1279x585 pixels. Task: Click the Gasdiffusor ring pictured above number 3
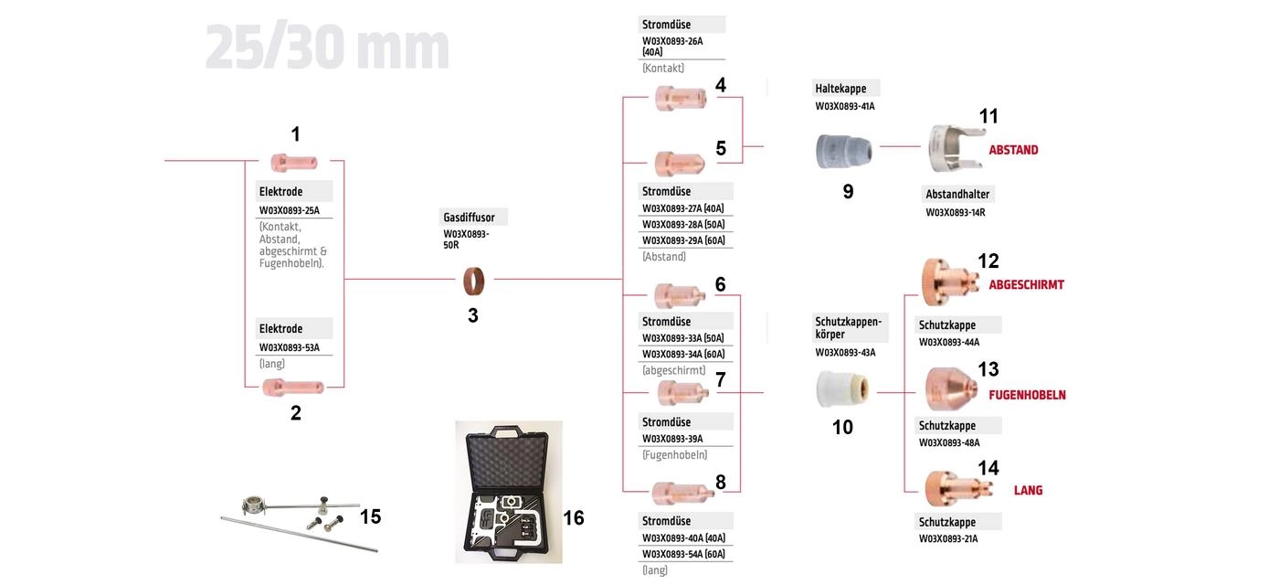473,281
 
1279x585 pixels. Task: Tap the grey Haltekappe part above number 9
844,152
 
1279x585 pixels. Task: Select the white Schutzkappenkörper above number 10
842,389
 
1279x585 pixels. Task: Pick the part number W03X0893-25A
290,210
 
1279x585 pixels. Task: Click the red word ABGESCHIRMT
1026,284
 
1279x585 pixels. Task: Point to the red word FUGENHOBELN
1027,395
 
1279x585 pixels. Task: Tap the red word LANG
1028,490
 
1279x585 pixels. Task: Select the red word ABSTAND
1013,150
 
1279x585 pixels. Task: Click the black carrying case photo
509,492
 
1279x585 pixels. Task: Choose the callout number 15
370,516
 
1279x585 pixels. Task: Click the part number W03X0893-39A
672,439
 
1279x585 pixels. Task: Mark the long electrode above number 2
293,388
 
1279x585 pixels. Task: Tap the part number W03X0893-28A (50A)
683,225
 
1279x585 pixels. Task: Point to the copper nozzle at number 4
681,99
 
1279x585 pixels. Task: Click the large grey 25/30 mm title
327,48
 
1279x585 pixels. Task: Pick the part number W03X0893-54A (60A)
683,554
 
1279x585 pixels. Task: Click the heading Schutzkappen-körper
848,328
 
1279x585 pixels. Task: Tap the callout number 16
574,517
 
